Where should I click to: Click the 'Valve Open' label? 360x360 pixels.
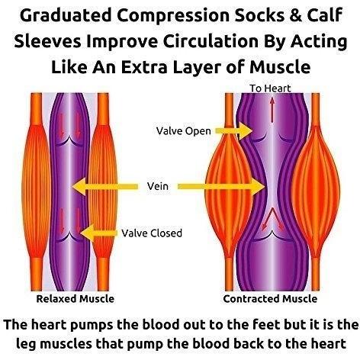tap(184, 131)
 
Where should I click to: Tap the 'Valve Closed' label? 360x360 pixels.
tap(152, 233)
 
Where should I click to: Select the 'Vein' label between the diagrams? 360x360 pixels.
tap(158, 186)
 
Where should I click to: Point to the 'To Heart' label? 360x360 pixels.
tap(270, 88)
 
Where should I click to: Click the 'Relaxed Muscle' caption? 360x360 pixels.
tap(76, 299)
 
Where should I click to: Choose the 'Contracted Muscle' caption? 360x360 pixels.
tap(270, 299)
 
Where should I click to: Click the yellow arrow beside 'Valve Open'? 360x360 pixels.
tap(234, 131)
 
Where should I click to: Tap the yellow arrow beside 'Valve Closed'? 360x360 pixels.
tap(98, 233)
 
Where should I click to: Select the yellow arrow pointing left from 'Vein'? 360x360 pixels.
tap(105, 187)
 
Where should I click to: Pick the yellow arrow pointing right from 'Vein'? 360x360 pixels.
tap(221, 187)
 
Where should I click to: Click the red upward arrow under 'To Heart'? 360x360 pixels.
tap(272, 110)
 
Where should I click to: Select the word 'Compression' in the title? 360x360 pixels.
tap(173, 16)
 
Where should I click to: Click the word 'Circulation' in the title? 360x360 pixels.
tap(211, 41)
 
